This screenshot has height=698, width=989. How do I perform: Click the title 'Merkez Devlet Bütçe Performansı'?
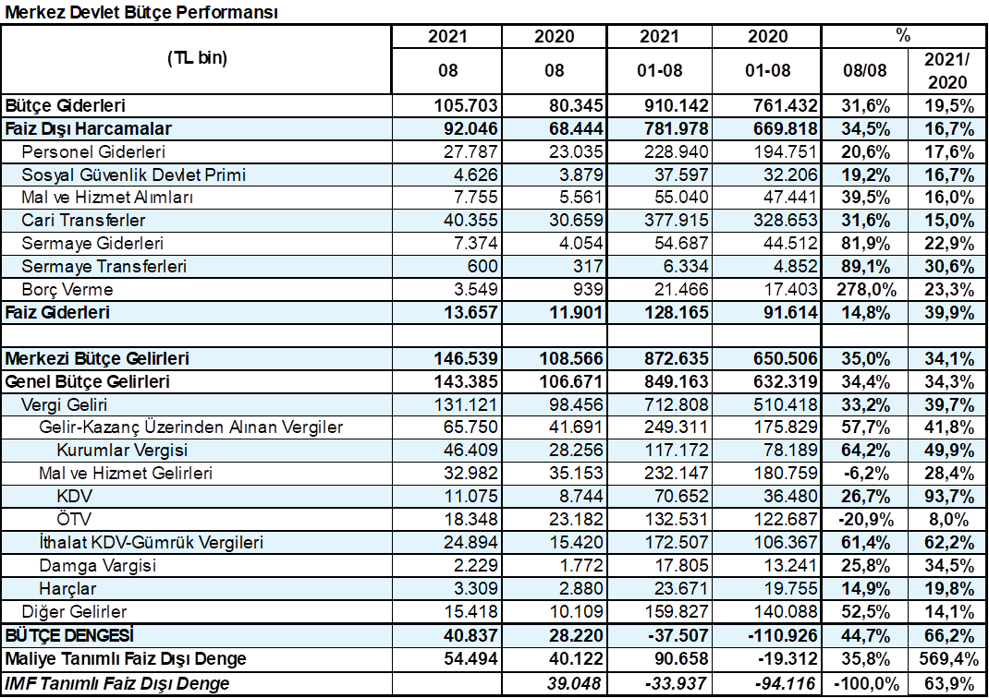click(x=141, y=12)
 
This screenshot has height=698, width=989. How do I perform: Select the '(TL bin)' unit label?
click(x=198, y=58)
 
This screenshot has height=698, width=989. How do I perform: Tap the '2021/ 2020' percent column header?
click(x=947, y=70)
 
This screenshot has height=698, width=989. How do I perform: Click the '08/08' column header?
click(x=865, y=70)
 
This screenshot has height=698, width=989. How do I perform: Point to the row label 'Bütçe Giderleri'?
click(x=66, y=105)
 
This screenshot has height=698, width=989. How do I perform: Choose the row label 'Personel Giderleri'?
click(x=93, y=151)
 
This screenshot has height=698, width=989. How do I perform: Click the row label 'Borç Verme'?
click(x=67, y=290)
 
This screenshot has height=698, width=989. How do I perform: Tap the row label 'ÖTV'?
click(x=75, y=519)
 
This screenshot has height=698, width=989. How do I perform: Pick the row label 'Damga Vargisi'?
click(x=98, y=566)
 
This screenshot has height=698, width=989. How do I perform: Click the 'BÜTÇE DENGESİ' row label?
click(x=69, y=635)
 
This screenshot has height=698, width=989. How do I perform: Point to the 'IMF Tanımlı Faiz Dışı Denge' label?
click(x=117, y=683)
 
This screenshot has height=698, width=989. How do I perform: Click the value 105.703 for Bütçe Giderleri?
click(x=466, y=105)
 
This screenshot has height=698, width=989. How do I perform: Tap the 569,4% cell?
click(x=947, y=659)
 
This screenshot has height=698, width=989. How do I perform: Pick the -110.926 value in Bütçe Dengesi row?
click(x=782, y=635)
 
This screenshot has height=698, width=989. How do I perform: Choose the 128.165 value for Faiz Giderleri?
click(x=677, y=312)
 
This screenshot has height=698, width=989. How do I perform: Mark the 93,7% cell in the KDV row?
click(x=949, y=497)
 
